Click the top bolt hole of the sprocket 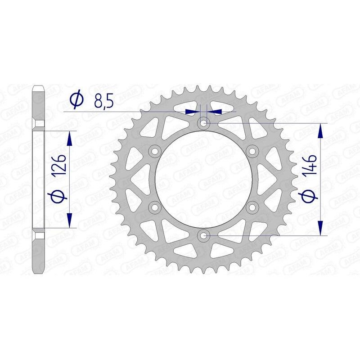203,122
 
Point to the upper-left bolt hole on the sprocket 156,150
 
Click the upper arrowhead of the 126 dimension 69,138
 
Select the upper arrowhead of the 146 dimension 320,130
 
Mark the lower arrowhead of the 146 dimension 320,227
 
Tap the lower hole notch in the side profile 39,235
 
